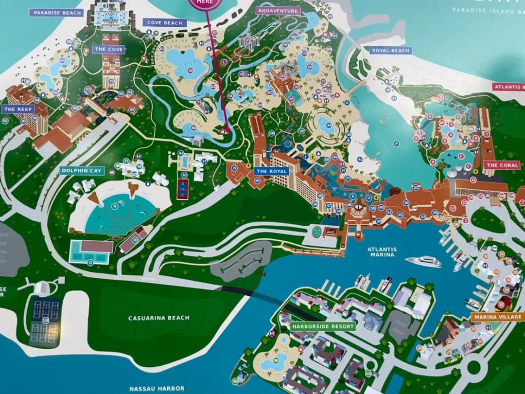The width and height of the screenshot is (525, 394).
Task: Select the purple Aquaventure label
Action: [278, 10]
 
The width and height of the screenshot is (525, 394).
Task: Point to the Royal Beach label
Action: [390, 50]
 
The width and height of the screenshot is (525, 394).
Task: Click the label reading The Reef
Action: [18, 109]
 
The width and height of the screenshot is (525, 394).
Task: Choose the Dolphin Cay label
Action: [81, 171]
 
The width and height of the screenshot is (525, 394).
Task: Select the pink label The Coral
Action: [502, 165]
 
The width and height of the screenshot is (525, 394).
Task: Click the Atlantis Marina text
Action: [382, 252]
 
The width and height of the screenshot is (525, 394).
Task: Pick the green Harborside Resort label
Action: [323, 326]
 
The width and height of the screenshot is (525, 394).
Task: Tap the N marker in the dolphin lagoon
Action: [115, 206]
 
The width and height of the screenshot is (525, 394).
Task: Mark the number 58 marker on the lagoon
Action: [190, 71]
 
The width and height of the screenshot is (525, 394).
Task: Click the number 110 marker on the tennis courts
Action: [46, 320]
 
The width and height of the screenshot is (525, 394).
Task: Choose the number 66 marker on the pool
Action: [193, 128]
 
